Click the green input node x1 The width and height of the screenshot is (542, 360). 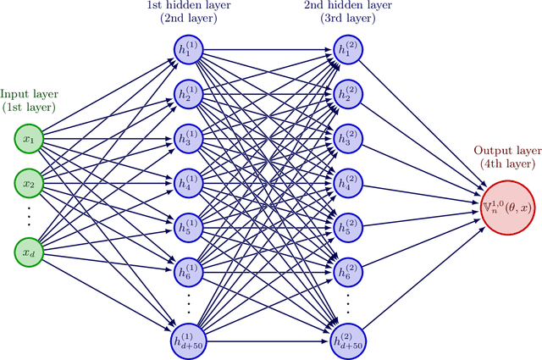pyautogui.click(x=29, y=137)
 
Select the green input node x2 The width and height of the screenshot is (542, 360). pyautogui.click(x=29, y=182)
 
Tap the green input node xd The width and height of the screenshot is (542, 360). pyautogui.click(x=29, y=252)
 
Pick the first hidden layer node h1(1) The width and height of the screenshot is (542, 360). pyautogui.click(x=188, y=47)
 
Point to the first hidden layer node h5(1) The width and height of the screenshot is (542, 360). pyautogui.click(x=188, y=227)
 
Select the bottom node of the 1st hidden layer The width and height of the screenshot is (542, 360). pyautogui.click(x=188, y=341)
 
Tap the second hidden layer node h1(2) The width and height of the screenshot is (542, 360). pyautogui.click(x=347, y=47)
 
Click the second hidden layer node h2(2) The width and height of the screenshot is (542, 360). pyautogui.click(x=347, y=92)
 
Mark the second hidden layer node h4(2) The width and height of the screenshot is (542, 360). pyautogui.click(x=347, y=182)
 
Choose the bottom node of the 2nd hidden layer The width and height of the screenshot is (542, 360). pyautogui.click(x=347, y=341)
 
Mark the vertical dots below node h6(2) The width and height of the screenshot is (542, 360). pyautogui.click(x=347, y=305)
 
